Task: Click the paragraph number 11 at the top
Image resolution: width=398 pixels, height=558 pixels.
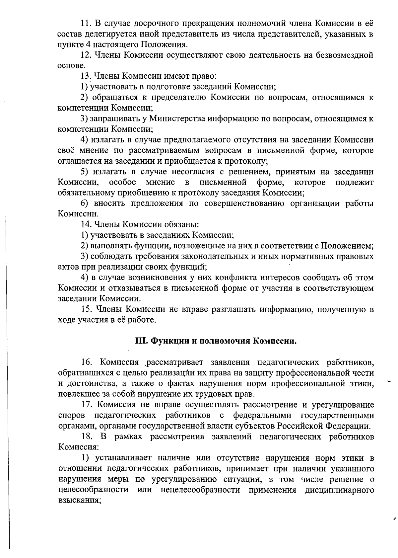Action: (x=86, y=23)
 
